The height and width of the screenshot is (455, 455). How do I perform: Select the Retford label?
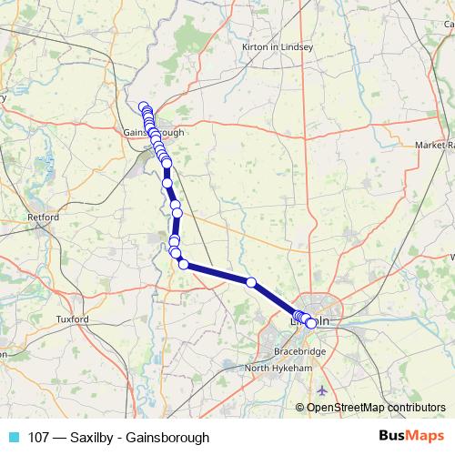pos(44,218)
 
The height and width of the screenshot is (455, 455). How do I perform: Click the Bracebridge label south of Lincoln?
pos(300,351)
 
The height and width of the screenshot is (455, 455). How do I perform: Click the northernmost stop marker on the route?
pos(143,106)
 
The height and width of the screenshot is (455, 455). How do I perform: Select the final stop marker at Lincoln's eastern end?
pos(311,323)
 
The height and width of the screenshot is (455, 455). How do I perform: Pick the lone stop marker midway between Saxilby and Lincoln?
pos(251,283)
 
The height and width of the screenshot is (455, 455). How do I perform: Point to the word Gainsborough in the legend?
pos(170,437)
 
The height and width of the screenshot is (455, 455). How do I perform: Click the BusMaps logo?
pos(411,437)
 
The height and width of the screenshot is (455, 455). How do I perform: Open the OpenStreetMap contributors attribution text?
pos(376,407)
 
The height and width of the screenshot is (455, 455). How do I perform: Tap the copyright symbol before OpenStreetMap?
pos(300,407)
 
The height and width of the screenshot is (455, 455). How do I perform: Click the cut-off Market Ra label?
pos(434,145)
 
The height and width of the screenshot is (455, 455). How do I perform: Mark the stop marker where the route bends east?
pos(183,264)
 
